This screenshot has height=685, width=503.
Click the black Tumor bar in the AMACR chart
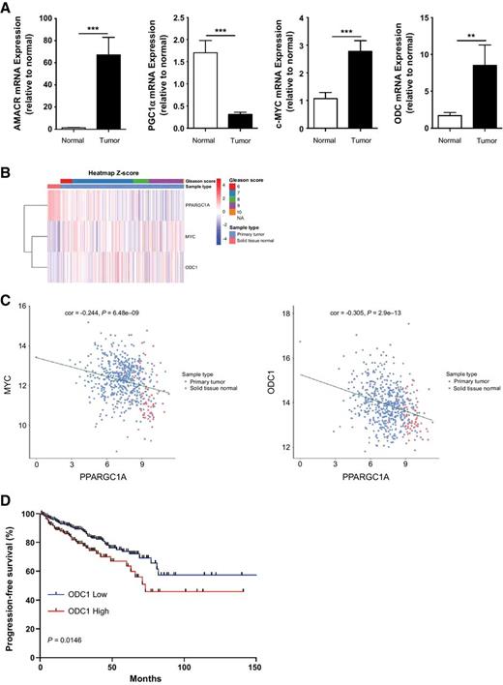[87, 92]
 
